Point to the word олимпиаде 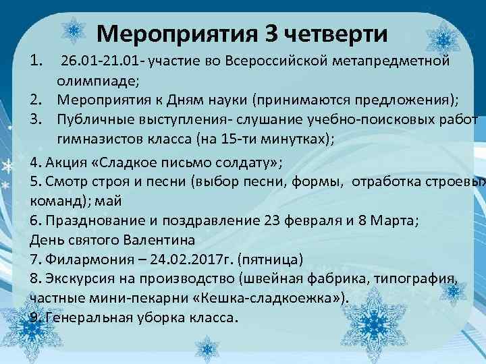tap(99, 82)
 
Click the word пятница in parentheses tap(277, 259)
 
